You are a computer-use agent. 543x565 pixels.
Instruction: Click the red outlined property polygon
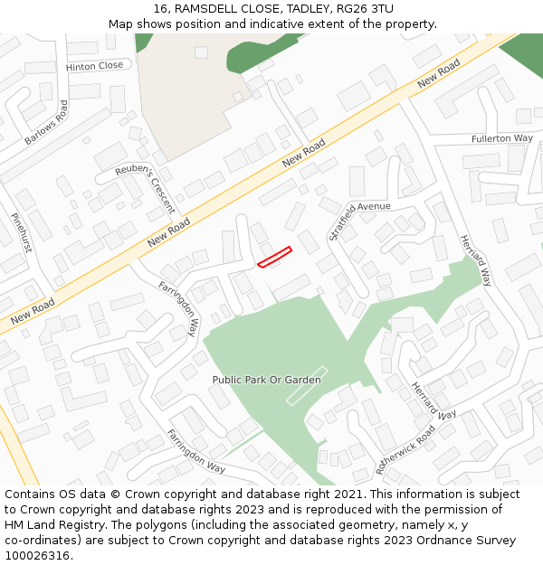click(274, 257)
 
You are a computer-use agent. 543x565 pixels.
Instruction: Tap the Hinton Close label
click(94, 66)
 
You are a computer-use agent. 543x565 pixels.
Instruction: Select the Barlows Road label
click(46, 123)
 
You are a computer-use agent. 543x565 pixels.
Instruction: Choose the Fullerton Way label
click(501, 138)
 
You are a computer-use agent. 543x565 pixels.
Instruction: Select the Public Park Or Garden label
click(266, 380)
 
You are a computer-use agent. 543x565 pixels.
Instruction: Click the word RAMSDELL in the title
click(208, 8)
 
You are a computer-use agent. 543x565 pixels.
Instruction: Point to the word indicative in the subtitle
click(273, 24)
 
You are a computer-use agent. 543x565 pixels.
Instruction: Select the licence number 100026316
click(37, 556)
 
